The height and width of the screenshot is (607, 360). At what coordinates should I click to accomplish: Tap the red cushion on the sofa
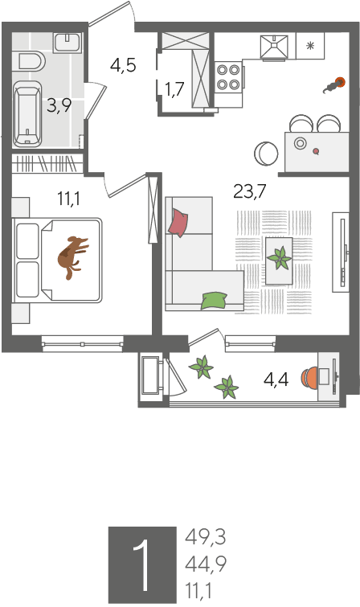coord(178,223)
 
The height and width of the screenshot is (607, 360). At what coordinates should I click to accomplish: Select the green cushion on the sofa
coord(214,301)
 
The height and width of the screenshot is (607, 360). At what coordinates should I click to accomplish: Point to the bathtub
coord(27,114)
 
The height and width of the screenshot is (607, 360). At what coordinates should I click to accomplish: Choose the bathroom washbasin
coord(67,42)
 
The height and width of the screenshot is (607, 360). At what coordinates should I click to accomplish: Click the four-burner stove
coord(228,76)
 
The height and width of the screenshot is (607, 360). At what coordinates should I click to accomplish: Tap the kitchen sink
coord(275,47)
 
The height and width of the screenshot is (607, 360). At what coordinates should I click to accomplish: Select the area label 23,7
coord(250,191)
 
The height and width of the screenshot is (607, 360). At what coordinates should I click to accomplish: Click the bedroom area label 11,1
coord(69,199)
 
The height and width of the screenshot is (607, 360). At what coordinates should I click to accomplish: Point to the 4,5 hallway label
coord(123,65)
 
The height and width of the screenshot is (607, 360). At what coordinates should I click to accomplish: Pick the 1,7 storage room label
coord(174,89)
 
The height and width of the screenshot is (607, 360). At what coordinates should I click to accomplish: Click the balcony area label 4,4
coord(276,380)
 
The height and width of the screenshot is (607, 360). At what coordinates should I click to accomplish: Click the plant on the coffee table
coord(279,258)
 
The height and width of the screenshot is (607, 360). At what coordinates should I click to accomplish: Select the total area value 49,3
coord(205,537)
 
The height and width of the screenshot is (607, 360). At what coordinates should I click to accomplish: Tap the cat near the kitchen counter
coord(333,85)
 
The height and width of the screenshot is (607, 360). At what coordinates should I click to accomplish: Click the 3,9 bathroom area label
coord(59,105)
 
